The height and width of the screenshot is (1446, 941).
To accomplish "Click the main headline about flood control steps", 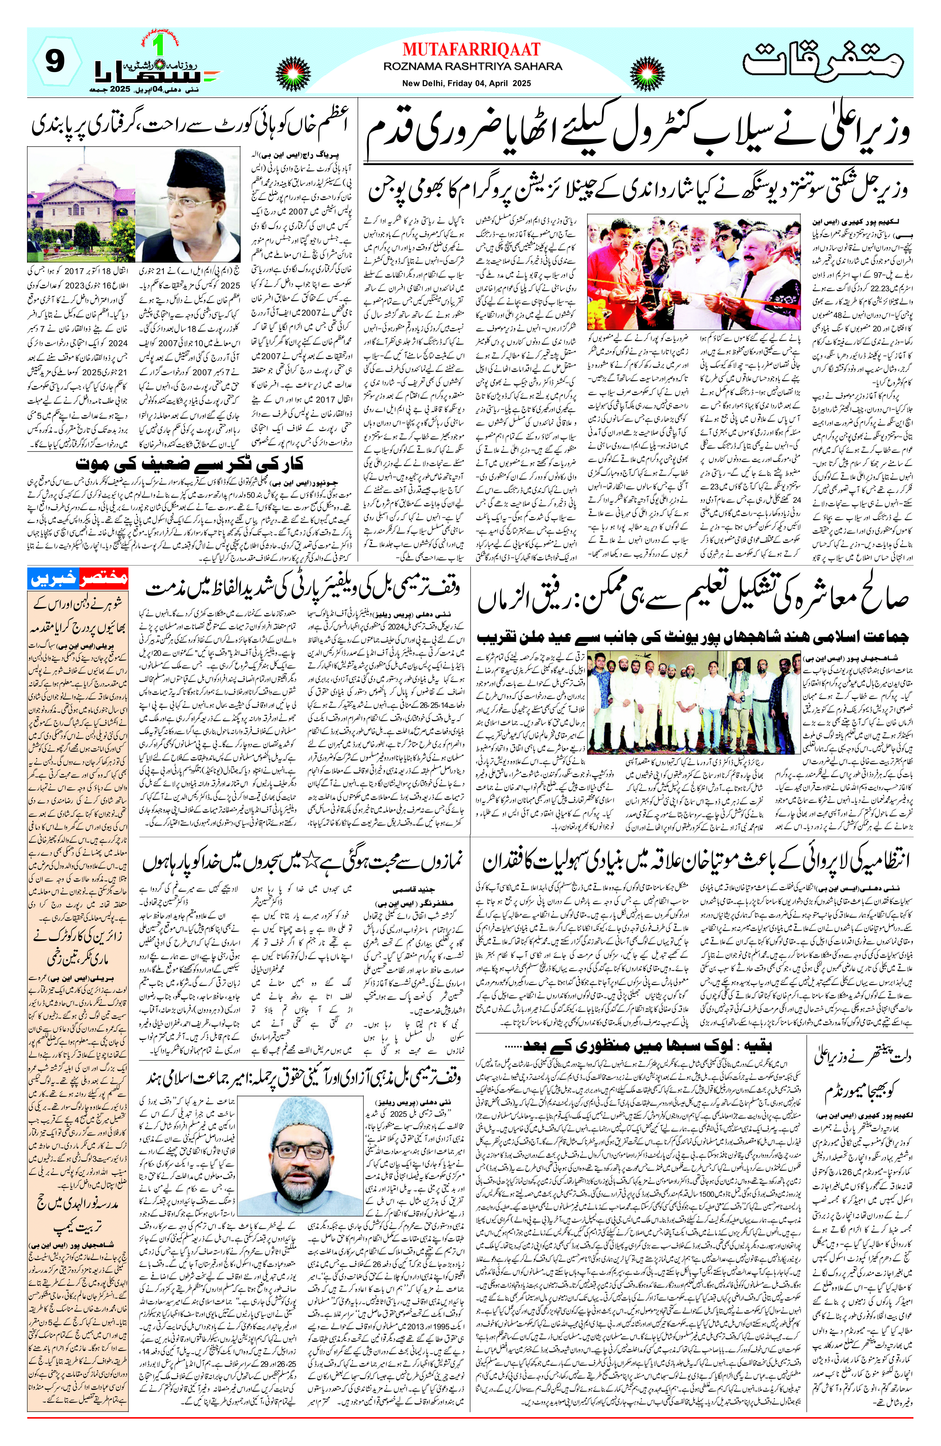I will (638, 135).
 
